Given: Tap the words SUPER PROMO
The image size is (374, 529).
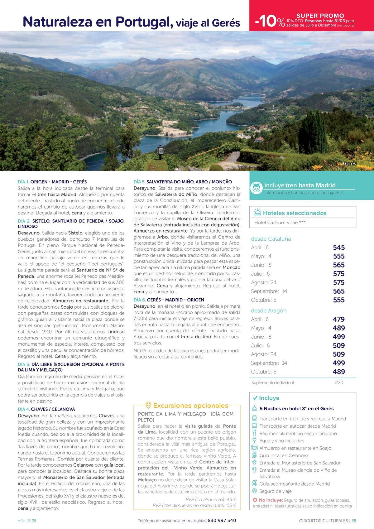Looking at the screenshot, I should [320, 16].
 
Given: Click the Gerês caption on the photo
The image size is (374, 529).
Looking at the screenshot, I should [349, 164].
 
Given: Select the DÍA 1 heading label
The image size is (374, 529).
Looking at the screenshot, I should [24, 182].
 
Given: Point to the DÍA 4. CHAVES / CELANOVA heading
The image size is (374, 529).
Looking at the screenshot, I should [46, 409].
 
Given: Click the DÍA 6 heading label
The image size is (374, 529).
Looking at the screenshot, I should [140, 300].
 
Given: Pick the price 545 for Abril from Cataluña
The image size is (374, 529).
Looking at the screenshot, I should [338, 248].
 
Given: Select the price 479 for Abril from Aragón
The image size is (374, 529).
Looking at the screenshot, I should [338, 319].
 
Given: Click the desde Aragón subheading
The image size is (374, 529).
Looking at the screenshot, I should [269, 310].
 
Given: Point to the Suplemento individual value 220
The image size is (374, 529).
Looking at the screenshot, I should [339, 382].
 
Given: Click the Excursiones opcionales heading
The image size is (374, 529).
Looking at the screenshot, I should [190, 406].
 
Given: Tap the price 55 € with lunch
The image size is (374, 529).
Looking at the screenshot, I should [231, 506].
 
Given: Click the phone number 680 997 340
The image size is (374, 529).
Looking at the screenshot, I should [222, 521].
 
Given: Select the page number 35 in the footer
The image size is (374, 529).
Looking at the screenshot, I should [354, 521].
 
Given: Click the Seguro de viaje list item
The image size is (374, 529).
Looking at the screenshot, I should [276, 491].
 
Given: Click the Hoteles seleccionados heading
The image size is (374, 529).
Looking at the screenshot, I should [295, 213].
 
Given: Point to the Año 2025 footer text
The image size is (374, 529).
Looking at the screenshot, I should [27, 521].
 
